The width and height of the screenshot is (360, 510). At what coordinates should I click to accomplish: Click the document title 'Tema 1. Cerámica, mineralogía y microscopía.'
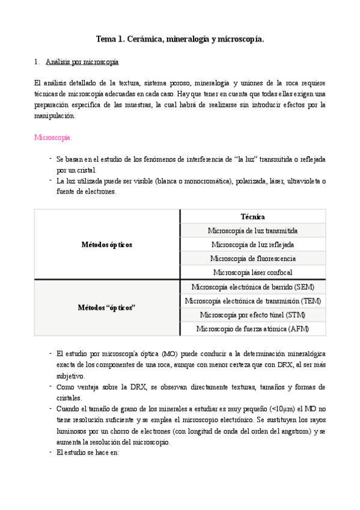click(180, 40)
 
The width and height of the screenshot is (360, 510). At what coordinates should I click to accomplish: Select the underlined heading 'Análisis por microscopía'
click(82, 62)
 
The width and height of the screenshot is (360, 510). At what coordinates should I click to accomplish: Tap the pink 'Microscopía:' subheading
click(53, 137)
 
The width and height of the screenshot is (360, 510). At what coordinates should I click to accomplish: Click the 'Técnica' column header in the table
click(253, 217)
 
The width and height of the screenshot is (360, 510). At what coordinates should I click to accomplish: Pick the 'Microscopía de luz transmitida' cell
click(253, 230)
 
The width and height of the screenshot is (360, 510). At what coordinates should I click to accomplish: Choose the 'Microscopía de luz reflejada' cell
click(253, 245)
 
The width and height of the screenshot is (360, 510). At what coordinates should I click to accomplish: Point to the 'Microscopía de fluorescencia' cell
click(253, 259)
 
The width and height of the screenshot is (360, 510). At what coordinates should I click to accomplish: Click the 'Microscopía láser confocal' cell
click(253, 272)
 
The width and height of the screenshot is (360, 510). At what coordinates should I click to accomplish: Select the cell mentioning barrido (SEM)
click(253, 287)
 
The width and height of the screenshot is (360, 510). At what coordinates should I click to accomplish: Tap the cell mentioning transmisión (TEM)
click(253, 301)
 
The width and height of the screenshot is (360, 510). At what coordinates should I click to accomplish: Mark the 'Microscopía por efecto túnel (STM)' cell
click(253, 315)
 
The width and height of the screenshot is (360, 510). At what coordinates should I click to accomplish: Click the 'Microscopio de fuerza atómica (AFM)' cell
click(253, 329)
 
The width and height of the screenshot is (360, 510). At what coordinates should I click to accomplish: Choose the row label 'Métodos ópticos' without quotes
click(107, 245)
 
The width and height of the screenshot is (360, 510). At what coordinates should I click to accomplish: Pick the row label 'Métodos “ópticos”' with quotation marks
click(107, 307)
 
